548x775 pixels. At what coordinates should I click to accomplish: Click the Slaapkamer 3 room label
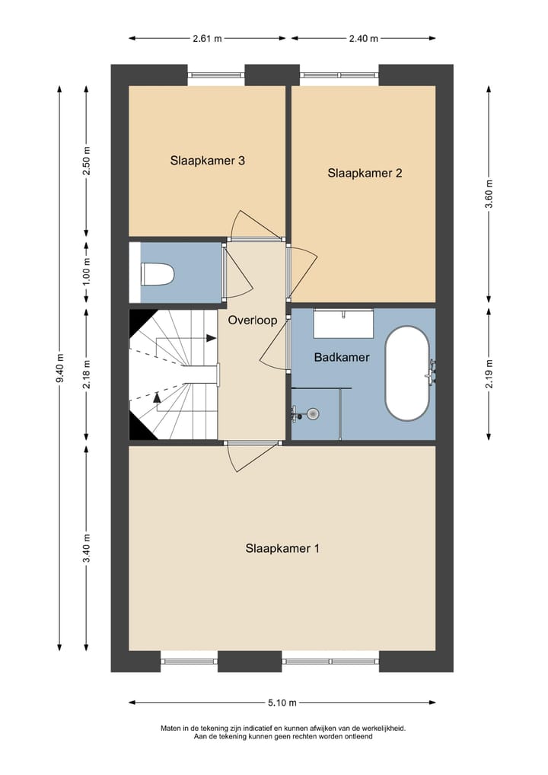[208, 161]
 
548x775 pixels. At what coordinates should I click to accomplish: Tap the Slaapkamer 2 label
[365, 173]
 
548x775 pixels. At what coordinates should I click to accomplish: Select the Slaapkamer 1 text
[282, 549]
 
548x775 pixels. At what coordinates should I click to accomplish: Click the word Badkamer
[342, 357]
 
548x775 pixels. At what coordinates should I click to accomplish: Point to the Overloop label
[253, 321]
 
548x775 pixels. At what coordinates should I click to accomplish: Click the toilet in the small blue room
[158, 274]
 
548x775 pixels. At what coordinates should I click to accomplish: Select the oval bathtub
[407, 373]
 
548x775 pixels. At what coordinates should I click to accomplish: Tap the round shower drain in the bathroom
[312, 413]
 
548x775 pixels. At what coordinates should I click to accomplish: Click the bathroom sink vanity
[343, 324]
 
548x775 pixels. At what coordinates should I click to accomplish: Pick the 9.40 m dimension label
[60, 368]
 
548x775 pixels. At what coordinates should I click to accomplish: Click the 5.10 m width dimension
[282, 703]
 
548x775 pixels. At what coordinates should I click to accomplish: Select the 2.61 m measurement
[208, 38]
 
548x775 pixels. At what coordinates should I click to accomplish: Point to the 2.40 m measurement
[364, 38]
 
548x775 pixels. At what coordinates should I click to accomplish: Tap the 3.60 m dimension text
[489, 194]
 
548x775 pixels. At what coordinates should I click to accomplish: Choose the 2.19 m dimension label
[489, 373]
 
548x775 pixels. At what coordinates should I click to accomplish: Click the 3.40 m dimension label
[87, 547]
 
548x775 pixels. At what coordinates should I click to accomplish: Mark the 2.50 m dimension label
[87, 161]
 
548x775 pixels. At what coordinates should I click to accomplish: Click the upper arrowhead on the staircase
[212, 338]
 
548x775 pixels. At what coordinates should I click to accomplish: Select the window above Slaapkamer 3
[216, 75]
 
